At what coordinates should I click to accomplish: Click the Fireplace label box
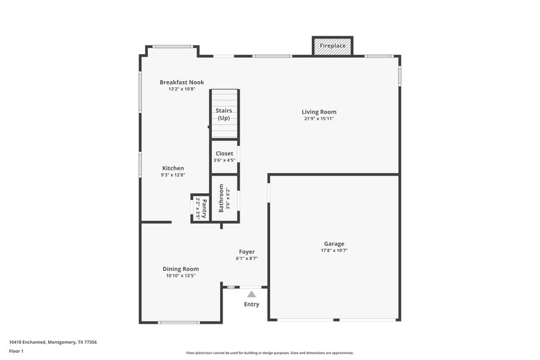click(332, 46)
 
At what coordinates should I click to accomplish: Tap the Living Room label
click(319, 112)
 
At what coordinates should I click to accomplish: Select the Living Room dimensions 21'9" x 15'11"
click(319, 119)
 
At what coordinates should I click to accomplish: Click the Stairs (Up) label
click(224, 114)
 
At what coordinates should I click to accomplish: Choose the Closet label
click(224, 153)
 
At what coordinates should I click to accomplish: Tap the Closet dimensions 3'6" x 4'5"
click(224, 160)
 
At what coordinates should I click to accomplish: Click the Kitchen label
click(173, 168)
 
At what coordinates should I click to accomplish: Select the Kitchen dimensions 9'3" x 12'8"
click(173, 175)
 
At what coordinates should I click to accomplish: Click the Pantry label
click(204, 207)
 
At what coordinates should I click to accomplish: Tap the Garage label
click(334, 244)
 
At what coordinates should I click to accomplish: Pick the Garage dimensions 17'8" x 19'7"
click(334, 251)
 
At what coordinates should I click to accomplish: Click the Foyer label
click(246, 251)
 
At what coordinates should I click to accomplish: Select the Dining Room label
click(180, 269)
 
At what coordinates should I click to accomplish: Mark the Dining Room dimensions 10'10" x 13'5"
click(180, 276)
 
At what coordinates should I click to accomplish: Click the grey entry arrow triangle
click(252, 294)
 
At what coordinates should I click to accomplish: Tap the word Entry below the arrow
click(251, 304)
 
